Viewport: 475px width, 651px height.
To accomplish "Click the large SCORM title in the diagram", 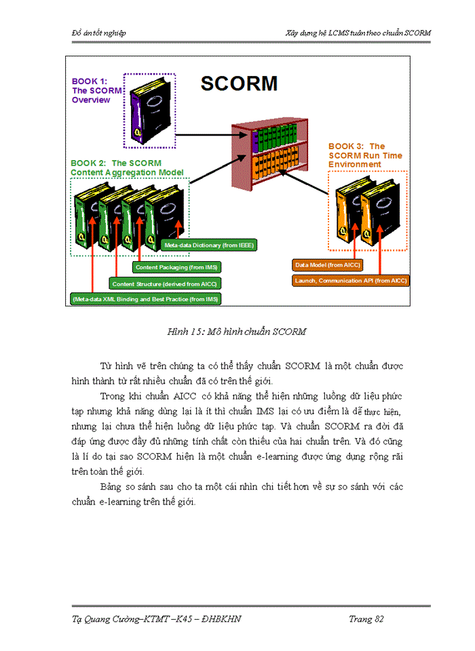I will (240, 83).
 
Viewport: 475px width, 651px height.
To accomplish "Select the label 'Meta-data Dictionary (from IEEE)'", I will (210, 245).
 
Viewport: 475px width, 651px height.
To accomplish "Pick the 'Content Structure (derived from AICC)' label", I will (165, 283).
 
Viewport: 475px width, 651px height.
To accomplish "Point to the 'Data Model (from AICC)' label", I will (327, 264).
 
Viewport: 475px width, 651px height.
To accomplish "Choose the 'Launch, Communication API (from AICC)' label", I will (351, 279).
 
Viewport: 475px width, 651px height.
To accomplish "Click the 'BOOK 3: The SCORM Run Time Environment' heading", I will (364, 155).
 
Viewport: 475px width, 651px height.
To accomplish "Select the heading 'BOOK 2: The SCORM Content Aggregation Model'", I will (127, 167).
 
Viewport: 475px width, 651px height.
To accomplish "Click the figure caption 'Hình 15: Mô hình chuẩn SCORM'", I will (237, 332).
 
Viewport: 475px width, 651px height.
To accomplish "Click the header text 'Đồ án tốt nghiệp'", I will (99, 33).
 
